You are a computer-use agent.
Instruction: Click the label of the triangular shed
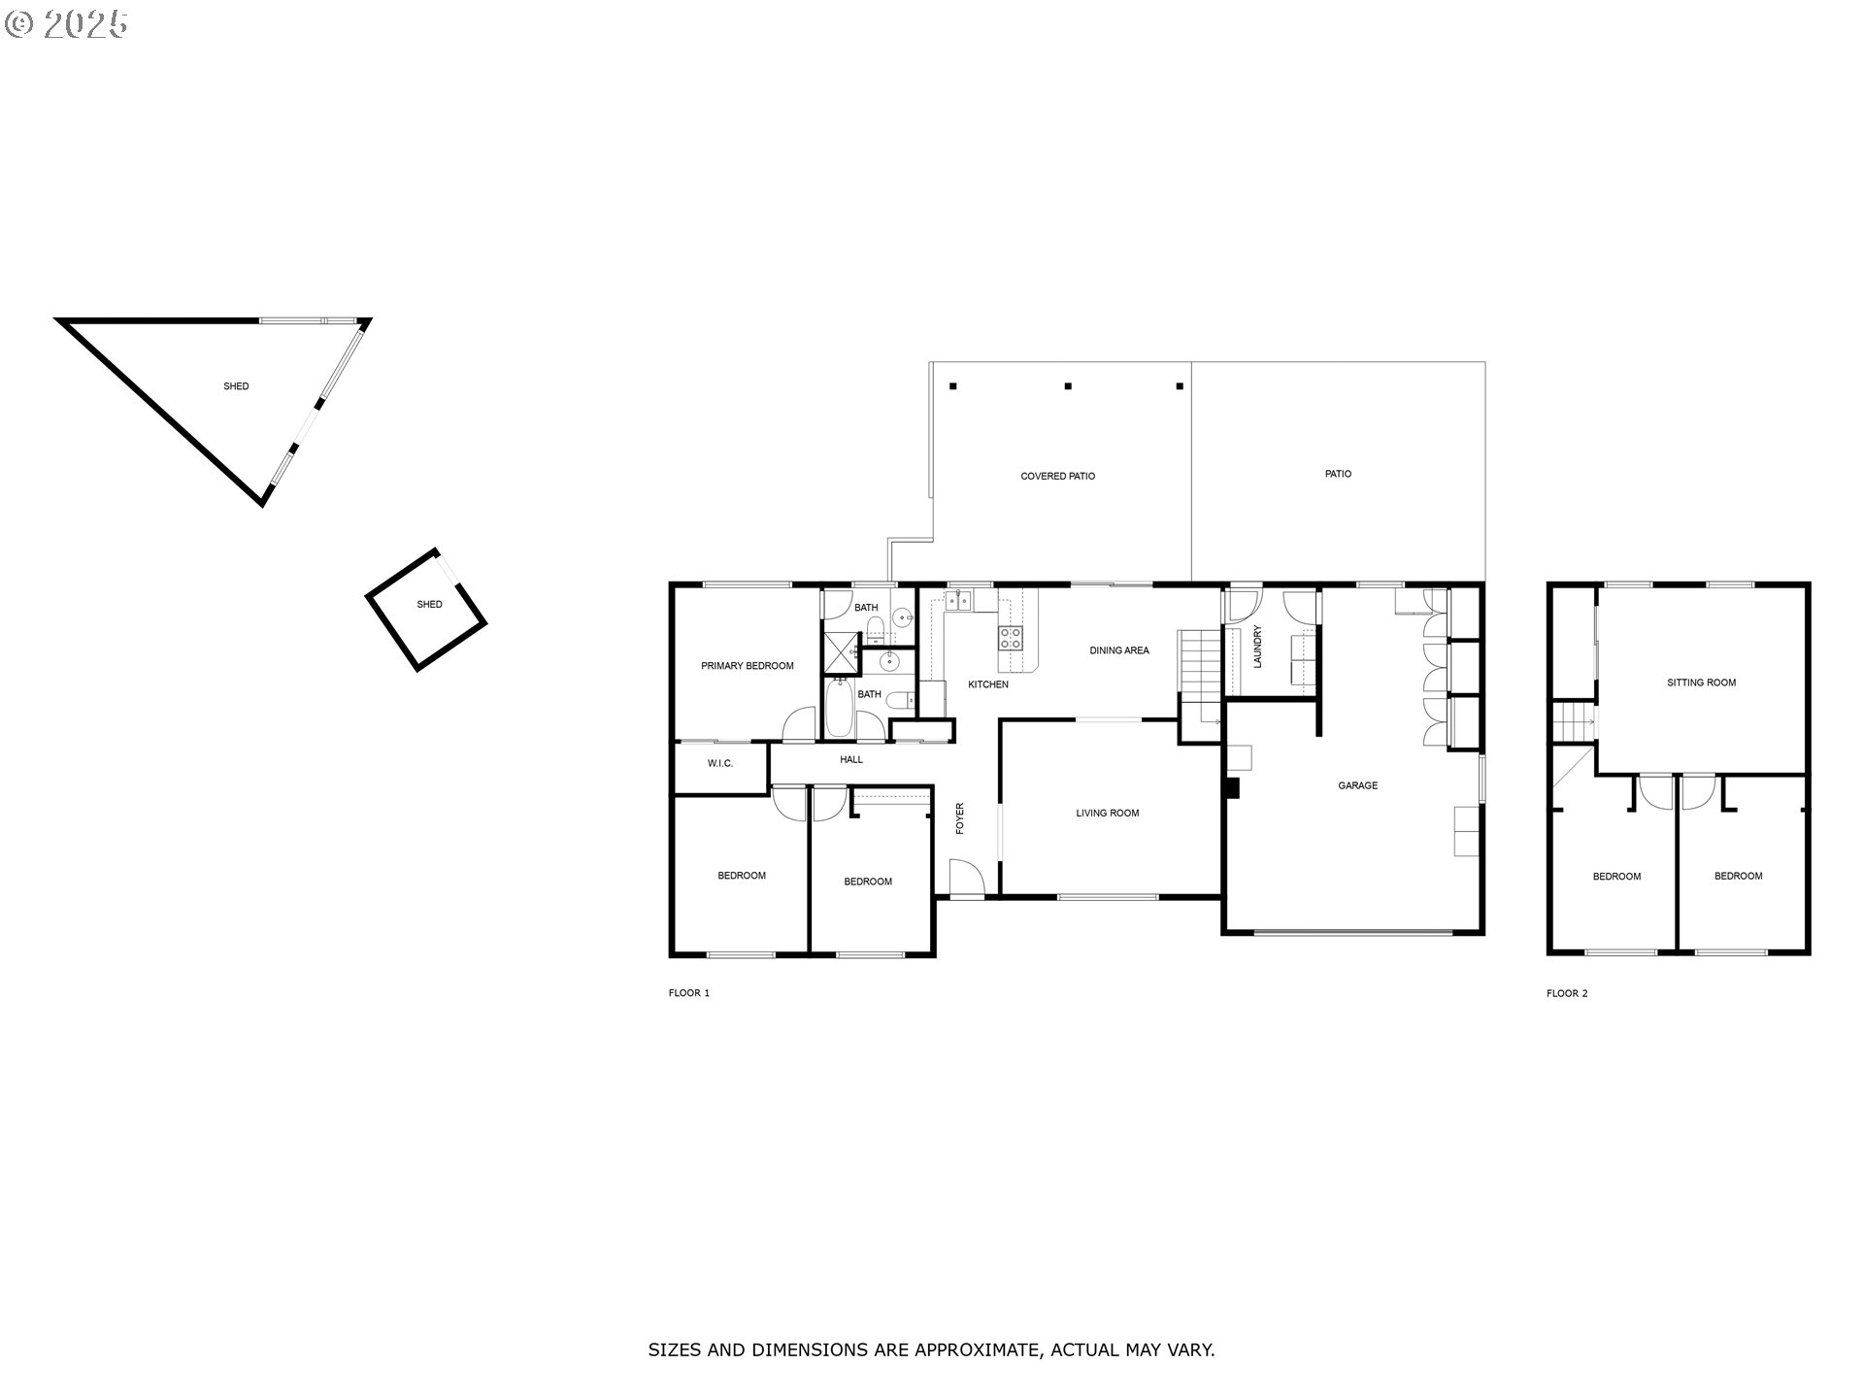tap(236, 386)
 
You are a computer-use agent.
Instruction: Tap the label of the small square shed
tap(429, 604)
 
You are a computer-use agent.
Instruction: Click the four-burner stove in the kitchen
tap(1011, 638)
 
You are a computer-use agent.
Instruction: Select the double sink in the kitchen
tap(960, 602)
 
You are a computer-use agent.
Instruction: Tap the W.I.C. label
tap(720, 763)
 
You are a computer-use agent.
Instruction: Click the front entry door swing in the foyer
tap(967, 878)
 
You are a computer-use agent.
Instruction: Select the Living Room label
tap(1108, 814)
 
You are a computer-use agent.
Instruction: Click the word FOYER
tap(960, 818)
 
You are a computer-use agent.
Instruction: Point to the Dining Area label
tap(1119, 650)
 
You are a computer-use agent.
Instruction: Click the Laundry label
tap(1257, 647)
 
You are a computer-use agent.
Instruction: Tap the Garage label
tap(1358, 785)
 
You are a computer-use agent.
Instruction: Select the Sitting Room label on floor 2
tap(1702, 682)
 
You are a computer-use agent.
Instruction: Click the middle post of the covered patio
tap(1068, 386)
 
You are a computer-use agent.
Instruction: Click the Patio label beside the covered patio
tap(1339, 474)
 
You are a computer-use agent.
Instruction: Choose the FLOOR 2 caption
tap(1568, 993)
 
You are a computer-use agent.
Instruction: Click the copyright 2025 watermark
tap(67, 24)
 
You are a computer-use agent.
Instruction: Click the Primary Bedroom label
tap(748, 666)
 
